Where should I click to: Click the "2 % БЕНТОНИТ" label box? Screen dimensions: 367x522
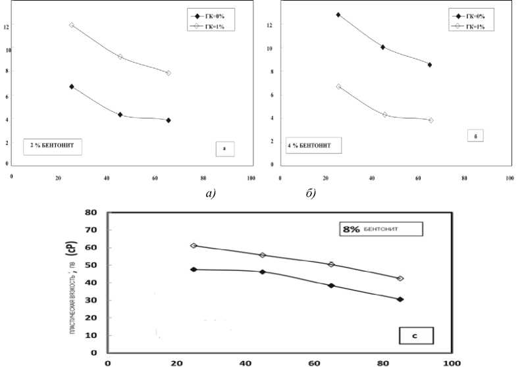pos(53,145)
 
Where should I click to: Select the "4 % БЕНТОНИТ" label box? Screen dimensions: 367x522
pos(314,144)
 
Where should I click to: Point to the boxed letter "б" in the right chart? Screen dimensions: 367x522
pos(475,137)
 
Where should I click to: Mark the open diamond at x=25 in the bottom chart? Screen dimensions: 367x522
pos(194,245)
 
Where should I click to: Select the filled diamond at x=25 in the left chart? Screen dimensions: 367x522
pos(72,87)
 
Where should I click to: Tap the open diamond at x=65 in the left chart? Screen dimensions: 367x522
pos(169,73)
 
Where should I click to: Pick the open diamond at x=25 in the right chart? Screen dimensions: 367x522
pos(338,86)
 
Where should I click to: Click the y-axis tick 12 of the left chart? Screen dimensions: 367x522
pos(6,26)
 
